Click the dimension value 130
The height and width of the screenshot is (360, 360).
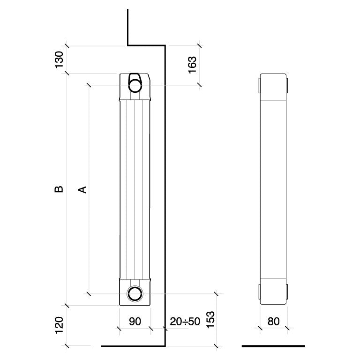59,60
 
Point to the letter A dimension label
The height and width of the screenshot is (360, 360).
82,189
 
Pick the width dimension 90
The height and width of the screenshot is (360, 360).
135,322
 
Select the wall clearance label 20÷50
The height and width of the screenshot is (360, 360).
185,322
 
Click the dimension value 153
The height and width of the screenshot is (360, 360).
211,320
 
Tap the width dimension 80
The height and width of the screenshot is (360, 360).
273,322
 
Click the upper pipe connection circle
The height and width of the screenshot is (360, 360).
135,86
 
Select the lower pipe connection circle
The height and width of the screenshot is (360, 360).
135,293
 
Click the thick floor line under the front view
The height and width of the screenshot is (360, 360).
273,346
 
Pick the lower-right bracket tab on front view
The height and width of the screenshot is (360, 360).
287,292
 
